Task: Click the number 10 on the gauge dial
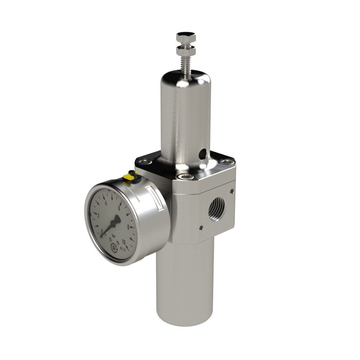(x=124, y=242)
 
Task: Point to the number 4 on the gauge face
(x=106, y=203)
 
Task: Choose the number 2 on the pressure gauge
(x=98, y=215)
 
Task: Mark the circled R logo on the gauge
(x=114, y=248)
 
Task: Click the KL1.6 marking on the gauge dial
(x=123, y=249)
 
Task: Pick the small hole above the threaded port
(x=232, y=191)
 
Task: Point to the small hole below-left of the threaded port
(x=201, y=228)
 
